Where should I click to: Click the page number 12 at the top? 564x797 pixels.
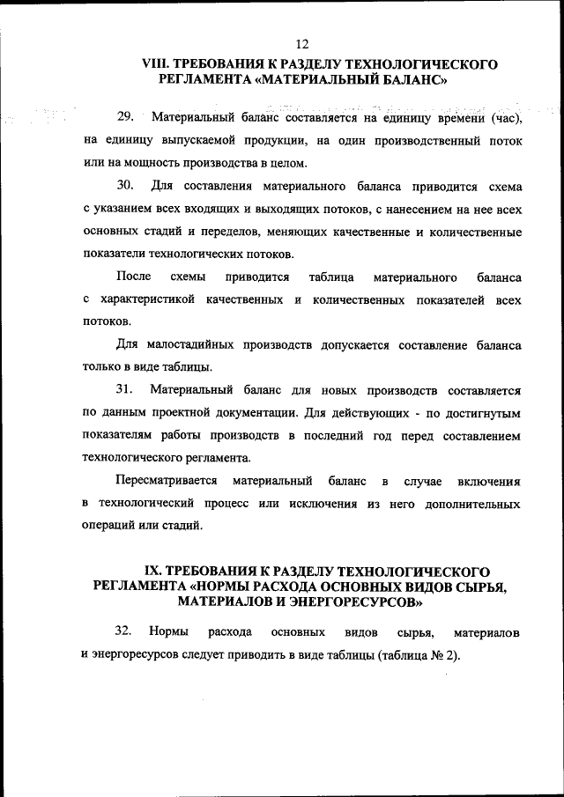(x=303, y=44)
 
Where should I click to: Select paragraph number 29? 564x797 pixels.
(x=125, y=117)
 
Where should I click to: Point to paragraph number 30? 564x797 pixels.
(x=125, y=187)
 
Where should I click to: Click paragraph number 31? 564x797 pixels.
(x=125, y=389)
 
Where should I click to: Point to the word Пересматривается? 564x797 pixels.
(x=167, y=481)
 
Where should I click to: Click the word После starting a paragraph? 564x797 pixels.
(x=133, y=277)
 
